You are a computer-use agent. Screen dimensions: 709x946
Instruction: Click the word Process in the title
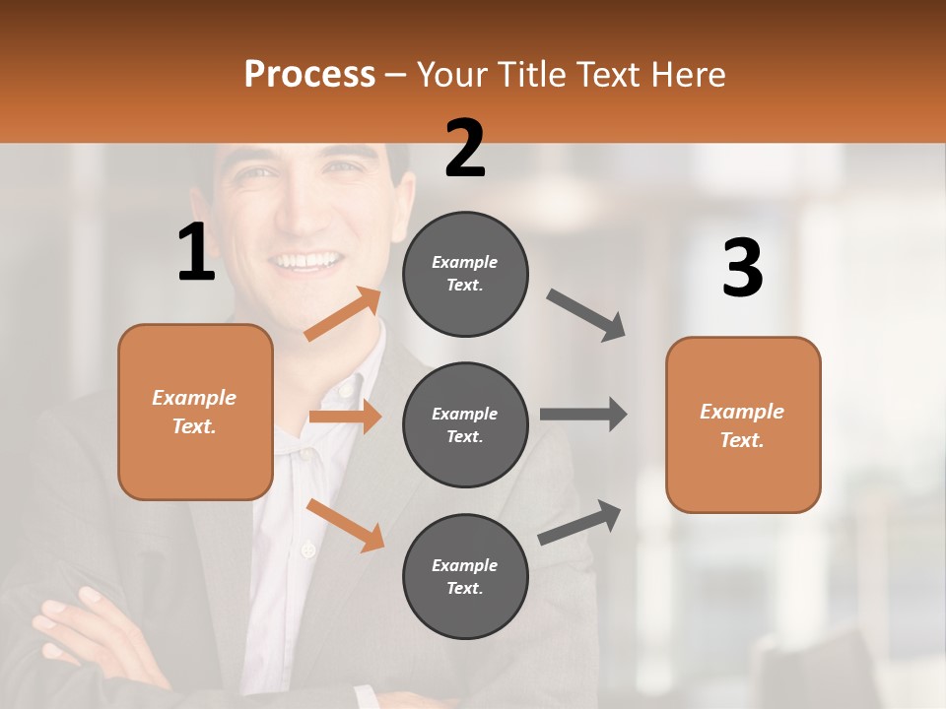click(309, 74)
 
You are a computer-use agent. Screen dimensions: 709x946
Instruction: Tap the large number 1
click(196, 252)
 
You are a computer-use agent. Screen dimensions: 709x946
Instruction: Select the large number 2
click(465, 149)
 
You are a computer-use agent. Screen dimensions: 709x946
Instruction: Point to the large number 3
click(742, 269)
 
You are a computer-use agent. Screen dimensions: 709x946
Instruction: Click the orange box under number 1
click(195, 412)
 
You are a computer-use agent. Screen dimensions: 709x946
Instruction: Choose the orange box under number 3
click(743, 425)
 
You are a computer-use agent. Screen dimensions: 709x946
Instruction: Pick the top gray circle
click(465, 274)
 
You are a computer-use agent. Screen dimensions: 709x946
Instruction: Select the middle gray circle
click(465, 424)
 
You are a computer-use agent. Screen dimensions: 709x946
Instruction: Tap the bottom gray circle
click(465, 576)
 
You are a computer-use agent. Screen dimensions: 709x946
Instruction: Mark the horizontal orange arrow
click(345, 417)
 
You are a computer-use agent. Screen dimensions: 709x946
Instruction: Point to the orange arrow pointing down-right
click(345, 525)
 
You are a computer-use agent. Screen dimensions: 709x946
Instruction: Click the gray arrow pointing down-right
click(586, 315)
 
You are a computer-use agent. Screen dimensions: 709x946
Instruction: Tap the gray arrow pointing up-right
click(579, 522)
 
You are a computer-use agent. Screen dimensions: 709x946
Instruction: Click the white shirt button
click(308, 548)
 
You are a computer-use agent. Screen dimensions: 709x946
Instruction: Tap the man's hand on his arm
click(74, 620)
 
